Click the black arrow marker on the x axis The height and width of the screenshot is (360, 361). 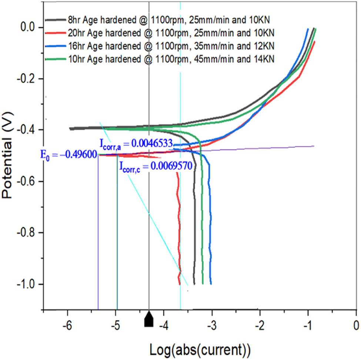click(149, 319)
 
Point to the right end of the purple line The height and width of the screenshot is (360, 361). click(314, 146)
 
